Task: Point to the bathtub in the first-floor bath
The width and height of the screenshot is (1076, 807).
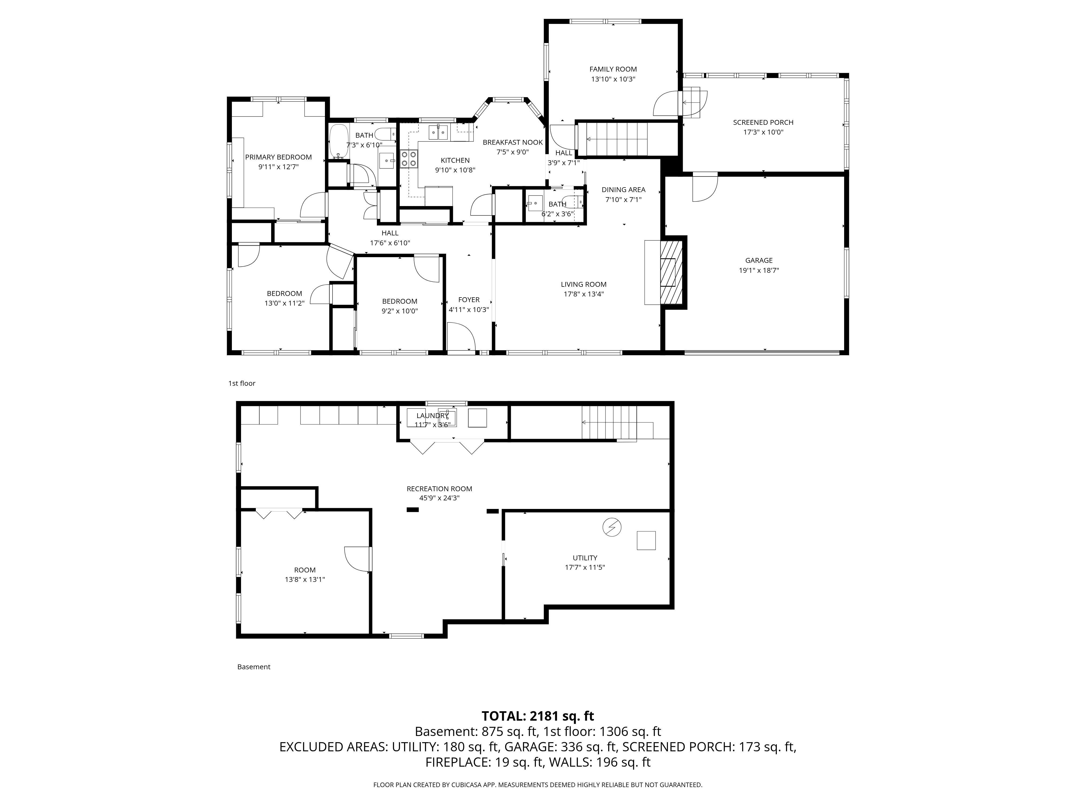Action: pyautogui.click(x=339, y=141)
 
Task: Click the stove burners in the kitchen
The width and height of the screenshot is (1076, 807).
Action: pyautogui.click(x=409, y=159)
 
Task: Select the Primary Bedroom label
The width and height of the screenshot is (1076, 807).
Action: pyautogui.click(x=278, y=157)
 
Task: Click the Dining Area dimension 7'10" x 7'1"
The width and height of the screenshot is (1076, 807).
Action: pyautogui.click(x=623, y=199)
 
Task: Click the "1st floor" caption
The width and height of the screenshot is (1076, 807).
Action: pyautogui.click(x=242, y=383)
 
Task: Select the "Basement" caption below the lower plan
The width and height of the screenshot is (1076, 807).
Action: pyautogui.click(x=253, y=667)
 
